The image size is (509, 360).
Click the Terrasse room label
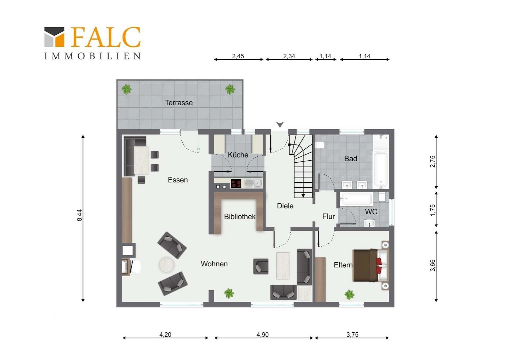(x=179, y=103)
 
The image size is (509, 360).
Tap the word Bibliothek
(x=240, y=217)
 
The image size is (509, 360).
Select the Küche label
(x=238, y=155)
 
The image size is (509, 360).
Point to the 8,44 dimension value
(x=80, y=215)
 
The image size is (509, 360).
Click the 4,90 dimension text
(x=262, y=335)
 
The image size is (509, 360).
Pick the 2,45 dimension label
(x=238, y=56)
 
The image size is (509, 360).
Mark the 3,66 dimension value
(x=433, y=265)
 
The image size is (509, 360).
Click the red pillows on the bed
(x=379, y=265)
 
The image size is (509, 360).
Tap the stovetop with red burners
(x=236, y=183)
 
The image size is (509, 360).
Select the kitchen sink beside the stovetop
(x=254, y=183)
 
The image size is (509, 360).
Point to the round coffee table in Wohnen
(x=167, y=265)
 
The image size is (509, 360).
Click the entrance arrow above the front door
(x=280, y=124)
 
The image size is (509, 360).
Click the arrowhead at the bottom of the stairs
(x=303, y=196)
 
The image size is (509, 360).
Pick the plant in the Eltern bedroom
(x=349, y=295)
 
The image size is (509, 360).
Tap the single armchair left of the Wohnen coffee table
(x=261, y=266)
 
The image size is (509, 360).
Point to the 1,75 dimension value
(x=433, y=210)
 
